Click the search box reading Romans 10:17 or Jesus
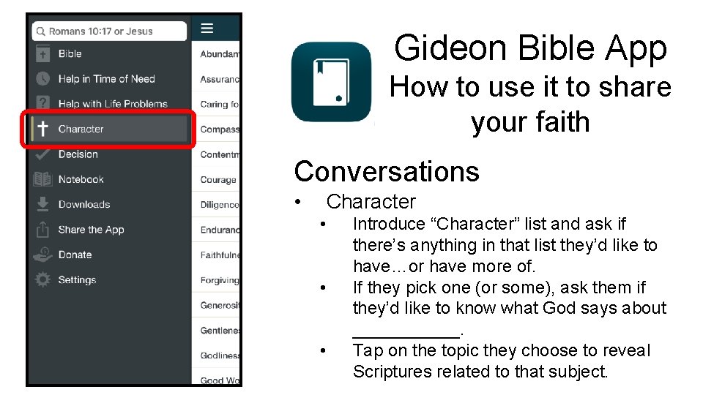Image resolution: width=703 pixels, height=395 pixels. (x=110, y=31)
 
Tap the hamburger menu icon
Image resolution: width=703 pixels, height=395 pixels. (x=207, y=29)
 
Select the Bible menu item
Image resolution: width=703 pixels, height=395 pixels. (x=70, y=53)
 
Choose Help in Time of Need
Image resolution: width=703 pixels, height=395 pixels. (x=106, y=78)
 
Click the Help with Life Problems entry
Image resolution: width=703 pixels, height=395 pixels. (x=113, y=104)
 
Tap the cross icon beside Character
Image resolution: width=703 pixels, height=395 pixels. (x=43, y=129)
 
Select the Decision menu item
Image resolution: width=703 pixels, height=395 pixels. (x=78, y=154)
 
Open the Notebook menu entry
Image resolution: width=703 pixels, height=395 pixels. (x=81, y=179)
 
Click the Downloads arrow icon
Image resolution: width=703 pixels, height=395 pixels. (x=43, y=204)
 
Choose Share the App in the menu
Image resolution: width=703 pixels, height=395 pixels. (x=91, y=230)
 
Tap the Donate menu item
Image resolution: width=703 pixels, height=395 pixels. (x=75, y=255)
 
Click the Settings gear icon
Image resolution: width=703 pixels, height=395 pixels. (x=43, y=279)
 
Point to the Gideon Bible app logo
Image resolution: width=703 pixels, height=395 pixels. (x=332, y=82)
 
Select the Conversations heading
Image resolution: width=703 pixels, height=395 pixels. (x=387, y=171)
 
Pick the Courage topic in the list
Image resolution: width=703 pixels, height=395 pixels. (x=218, y=180)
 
